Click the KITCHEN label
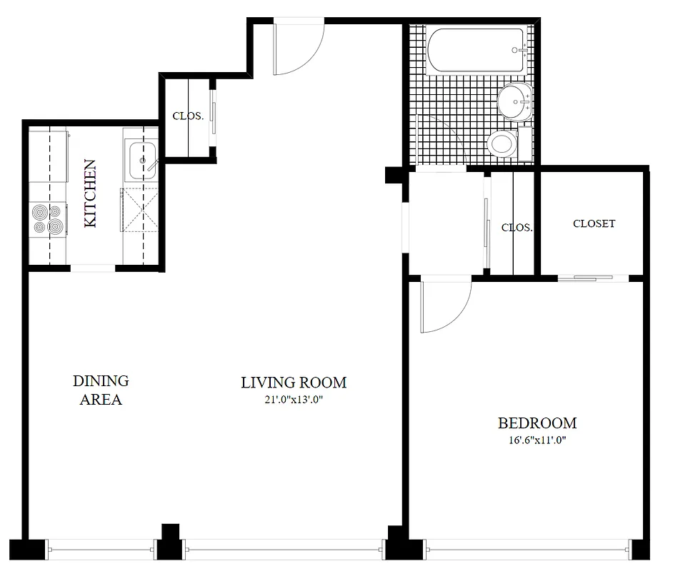(x=91, y=194)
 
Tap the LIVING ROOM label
(x=294, y=383)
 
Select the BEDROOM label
(x=537, y=423)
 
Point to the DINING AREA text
(x=101, y=390)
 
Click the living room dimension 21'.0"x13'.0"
(x=294, y=400)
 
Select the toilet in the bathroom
(x=504, y=143)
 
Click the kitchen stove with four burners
(x=48, y=219)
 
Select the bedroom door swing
(x=444, y=305)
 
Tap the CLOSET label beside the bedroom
(x=594, y=223)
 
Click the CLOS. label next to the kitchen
(x=188, y=116)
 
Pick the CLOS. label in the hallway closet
(x=517, y=228)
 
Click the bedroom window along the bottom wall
(x=529, y=550)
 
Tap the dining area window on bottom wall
(x=102, y=550)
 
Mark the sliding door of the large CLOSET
(x=586, y=278)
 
